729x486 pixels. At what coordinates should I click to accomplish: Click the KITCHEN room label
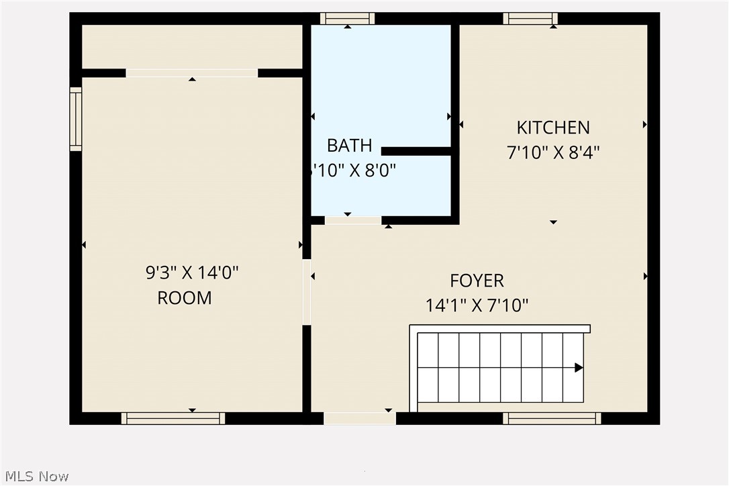pos(553,128)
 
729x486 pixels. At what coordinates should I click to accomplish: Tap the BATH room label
pos(349,145)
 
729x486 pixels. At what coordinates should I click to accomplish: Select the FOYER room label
pos(477,281)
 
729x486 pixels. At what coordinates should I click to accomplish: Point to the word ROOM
pos(185,298)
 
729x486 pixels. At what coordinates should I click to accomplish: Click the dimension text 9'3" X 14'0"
pos(192,273)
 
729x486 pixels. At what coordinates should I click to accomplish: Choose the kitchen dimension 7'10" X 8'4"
pos(553,153)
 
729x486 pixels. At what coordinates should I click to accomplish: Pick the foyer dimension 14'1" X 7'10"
pos(477,306)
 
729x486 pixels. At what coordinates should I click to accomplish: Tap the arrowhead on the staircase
pos(578,367)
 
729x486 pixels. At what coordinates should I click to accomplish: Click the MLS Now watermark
pos(35,476)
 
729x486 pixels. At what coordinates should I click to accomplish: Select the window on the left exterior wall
pos(76,119)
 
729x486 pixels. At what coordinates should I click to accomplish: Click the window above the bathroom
pos(347,18)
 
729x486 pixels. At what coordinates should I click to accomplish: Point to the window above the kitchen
pos(530,18)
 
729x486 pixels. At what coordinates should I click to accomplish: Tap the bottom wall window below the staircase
pos(552,418)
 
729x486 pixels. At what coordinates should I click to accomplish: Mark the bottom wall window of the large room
pos(173,418)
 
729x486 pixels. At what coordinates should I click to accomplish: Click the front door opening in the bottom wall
pos(360,418)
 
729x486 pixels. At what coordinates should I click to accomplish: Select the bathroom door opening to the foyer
pos(353,220)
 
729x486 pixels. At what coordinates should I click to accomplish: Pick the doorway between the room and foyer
pos(307,292)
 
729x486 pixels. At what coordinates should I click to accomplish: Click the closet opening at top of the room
pos(192,72)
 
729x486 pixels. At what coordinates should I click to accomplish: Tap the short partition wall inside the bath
pos(416,151)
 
